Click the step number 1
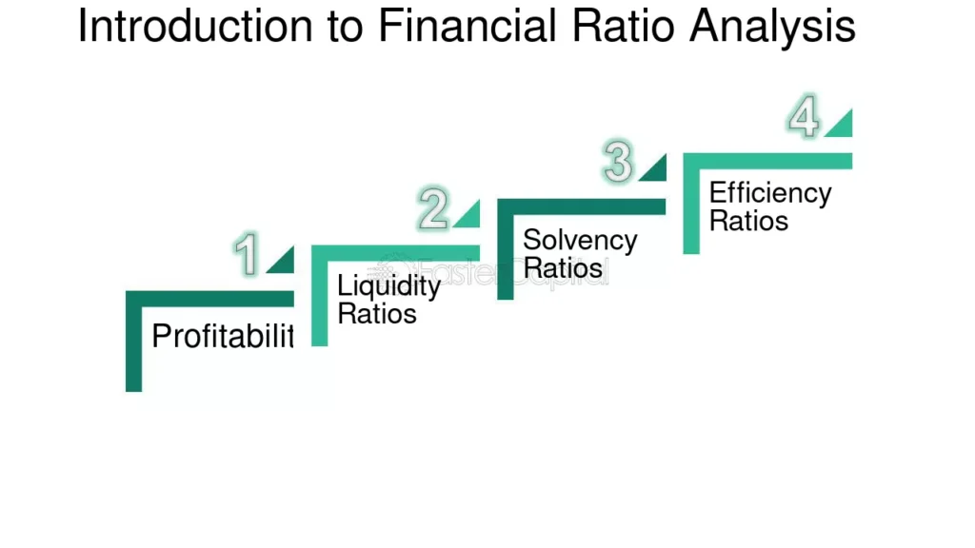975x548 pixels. (247, 256)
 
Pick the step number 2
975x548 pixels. (433, 210)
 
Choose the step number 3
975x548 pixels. (619, 163)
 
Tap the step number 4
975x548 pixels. (805, 119)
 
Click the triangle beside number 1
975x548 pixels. (283, 262)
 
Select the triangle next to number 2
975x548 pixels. (469, 217)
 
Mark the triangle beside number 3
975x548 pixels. (655, 169)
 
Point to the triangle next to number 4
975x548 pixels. (841, 125)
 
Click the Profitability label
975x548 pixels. (223, 336)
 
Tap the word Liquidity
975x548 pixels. (388, 285)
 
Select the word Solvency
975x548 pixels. (580, 240)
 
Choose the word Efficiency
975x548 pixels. (770, 193)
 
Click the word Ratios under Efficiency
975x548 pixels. (749, 221)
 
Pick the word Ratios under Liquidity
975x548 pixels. (377, 313)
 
